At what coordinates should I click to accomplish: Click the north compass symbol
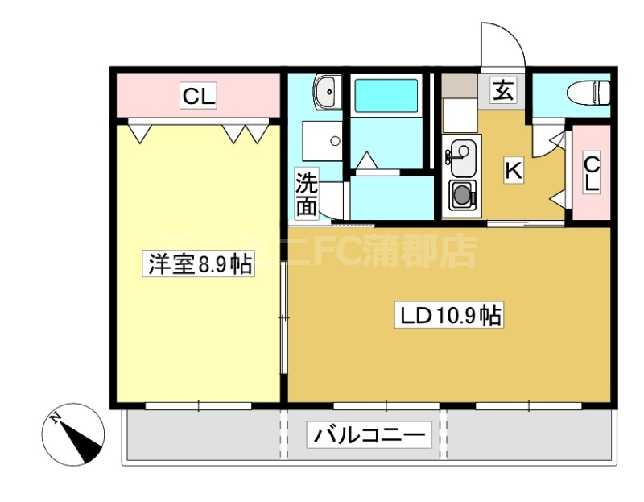(x=73, y=434)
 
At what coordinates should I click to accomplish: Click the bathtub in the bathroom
(x=386, y=95)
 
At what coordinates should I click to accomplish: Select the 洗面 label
(x=306, y=194)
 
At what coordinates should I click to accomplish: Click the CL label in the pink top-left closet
(x=198, y=97)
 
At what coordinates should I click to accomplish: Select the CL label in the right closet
(x=592, y=172)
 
